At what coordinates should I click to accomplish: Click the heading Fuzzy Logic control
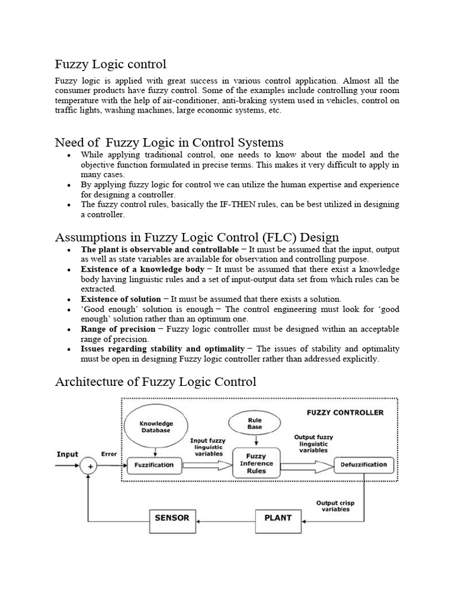[x=111, y=63]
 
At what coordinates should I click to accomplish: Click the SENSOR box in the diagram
[x=172, y=518]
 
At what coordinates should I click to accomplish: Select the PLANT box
[x=278, y=518]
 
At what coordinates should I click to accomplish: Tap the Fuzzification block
[x=153, y=465]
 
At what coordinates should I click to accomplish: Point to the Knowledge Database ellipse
[x=156, y=427]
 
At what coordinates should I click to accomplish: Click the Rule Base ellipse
[x=254, y=423]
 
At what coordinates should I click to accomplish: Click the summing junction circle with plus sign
[x=91, y=466]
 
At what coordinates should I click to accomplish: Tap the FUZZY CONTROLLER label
[x=345, y=413]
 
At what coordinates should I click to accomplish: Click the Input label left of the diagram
[x=68, y=455]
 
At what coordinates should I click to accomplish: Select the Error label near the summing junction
[x=109, y=455]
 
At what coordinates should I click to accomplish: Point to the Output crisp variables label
[x=335, y=505]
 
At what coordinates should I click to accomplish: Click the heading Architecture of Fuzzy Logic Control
[x=155, y=381]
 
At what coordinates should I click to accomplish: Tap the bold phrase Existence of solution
[x=121, y=299]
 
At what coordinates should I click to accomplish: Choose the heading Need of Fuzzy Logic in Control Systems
[x=169, y=142]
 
